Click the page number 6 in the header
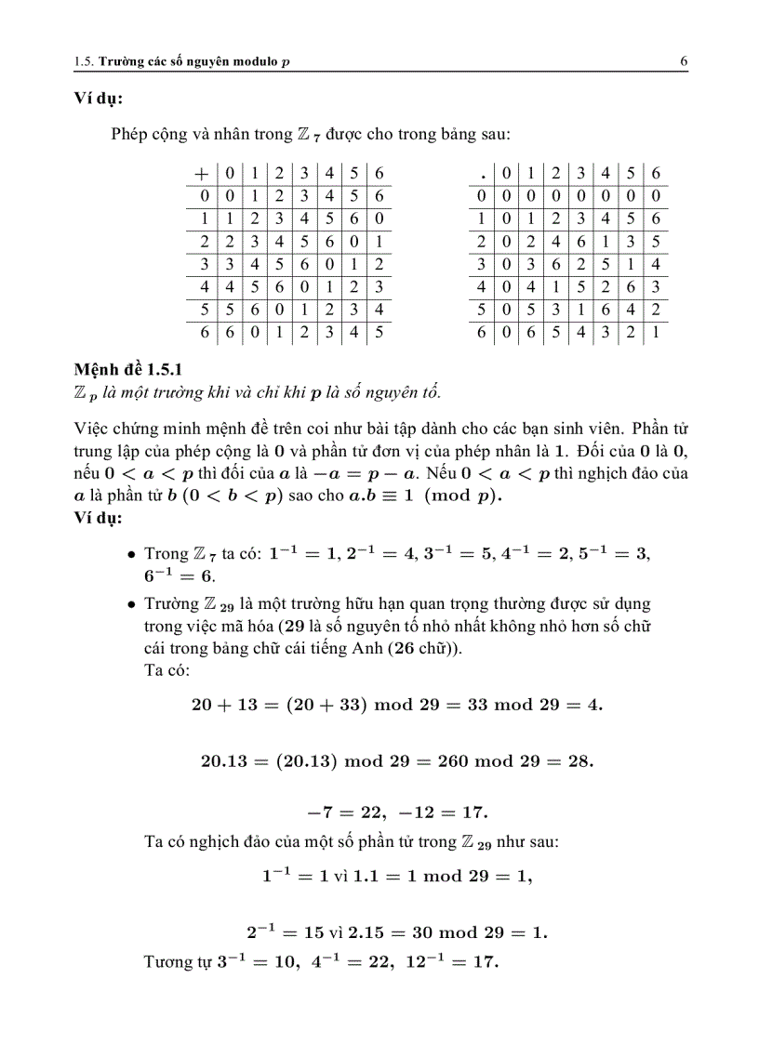(684, 61)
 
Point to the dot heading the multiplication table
(481, 173)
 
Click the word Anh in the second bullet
(357, 648)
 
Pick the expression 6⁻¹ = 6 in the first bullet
(173, 576)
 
